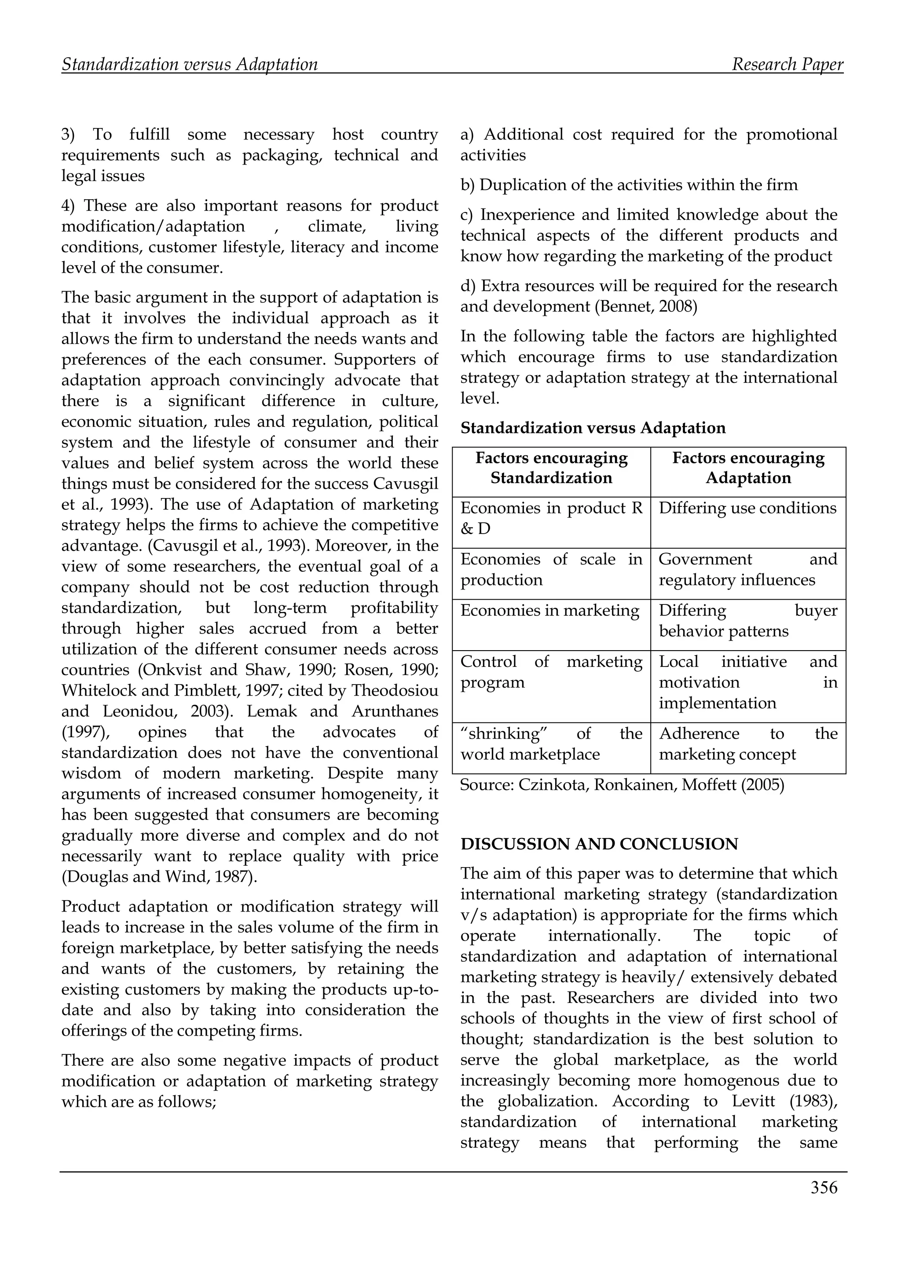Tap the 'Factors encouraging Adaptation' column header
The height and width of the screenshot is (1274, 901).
(x=748, y=468)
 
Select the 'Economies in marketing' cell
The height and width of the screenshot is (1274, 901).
(x=549, y=610)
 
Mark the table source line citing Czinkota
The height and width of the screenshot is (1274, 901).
(x=622, y=785)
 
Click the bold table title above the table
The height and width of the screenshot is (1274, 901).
(x=593, y=428)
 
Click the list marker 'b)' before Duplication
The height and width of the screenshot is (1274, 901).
(x=467, y=185)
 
